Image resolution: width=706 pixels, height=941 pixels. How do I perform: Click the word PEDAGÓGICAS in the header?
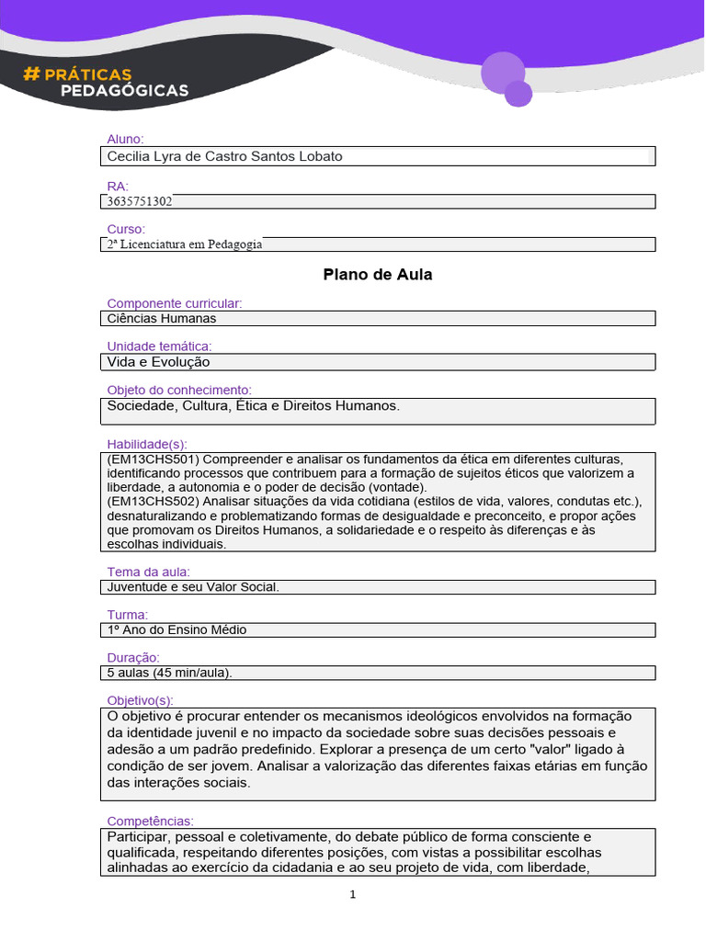pos(124,90)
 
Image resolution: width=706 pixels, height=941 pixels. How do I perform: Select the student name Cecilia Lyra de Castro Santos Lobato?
pos(224,156)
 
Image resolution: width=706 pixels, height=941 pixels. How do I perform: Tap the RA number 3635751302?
pos(140,201)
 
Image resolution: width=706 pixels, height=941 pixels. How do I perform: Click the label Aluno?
pos(126,139)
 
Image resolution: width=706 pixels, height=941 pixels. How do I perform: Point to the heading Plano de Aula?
pos(377,274)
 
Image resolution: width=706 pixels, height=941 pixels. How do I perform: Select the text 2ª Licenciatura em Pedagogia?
pos(185,244)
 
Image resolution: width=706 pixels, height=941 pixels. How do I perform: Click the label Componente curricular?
pos(175,303)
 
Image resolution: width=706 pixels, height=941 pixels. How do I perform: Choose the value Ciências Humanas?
pos(162,319)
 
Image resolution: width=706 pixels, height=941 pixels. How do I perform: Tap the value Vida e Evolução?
pos(158,362)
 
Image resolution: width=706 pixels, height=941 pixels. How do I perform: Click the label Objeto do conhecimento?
pos(179,390)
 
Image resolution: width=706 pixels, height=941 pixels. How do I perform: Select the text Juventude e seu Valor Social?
pos(193,586)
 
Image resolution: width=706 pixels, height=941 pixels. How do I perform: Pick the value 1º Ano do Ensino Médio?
pos(176,629)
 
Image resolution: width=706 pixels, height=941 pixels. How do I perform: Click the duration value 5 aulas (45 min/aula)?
pos(170,673)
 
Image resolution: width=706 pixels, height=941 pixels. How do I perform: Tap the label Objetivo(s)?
pos(140,700)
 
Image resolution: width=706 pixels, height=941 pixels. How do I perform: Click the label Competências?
pos(151,821)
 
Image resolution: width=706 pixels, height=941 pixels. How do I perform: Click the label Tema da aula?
pos(148,572)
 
